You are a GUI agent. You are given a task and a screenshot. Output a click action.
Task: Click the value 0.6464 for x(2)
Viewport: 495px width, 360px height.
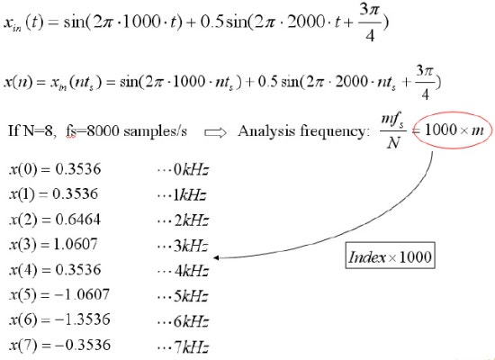[x=78, y=220]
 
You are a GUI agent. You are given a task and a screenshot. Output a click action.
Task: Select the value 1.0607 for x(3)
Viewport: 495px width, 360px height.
[x=76, y=244]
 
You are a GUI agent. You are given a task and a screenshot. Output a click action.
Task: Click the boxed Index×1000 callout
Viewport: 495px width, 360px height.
[x=391, y=256]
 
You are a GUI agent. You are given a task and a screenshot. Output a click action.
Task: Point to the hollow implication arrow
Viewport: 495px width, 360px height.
[x=215, y=132]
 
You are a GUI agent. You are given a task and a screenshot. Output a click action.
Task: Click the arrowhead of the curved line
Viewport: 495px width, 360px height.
[x=216, y=257]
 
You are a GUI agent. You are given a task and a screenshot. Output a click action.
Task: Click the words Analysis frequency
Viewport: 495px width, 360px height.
[x=303, y=130]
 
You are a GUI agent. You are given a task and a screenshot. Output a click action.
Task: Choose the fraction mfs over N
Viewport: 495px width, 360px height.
[x=393, y=130]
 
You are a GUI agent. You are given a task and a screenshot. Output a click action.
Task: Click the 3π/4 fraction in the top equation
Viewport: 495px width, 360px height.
[x=369, y=23]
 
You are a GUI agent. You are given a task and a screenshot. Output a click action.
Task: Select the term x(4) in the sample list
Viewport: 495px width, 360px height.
[x=23, y=270]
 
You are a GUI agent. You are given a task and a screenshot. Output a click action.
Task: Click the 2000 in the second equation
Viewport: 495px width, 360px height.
[x=352, y=82]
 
